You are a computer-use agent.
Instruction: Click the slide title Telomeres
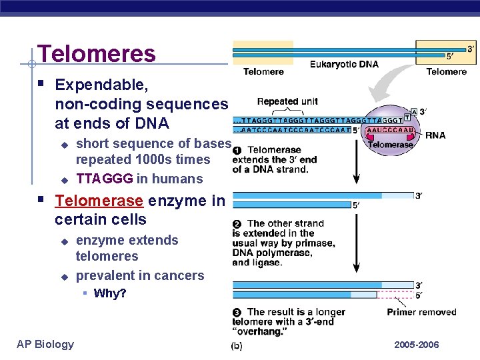(97, 53)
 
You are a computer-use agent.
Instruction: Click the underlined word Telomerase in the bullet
(99, 201)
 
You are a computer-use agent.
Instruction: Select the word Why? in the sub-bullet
(110, 293)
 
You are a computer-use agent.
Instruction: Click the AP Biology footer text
(45, 344)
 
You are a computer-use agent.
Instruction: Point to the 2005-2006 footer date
(417, 345)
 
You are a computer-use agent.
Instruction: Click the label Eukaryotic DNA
(344, 65)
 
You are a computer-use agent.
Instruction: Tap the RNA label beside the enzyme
(436, 135)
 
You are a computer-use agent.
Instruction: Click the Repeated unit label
(287, 102)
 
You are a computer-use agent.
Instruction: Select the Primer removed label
(421, 312)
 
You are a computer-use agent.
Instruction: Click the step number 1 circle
(237, 150)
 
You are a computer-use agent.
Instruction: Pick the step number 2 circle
(237, 223)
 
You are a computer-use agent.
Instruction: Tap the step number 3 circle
(237, 312)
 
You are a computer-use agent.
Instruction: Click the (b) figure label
(237, 346)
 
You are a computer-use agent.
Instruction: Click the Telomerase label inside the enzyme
(391, 144)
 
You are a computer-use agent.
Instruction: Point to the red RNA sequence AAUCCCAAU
(390, 131)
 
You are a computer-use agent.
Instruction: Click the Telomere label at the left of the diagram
(263, 72)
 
